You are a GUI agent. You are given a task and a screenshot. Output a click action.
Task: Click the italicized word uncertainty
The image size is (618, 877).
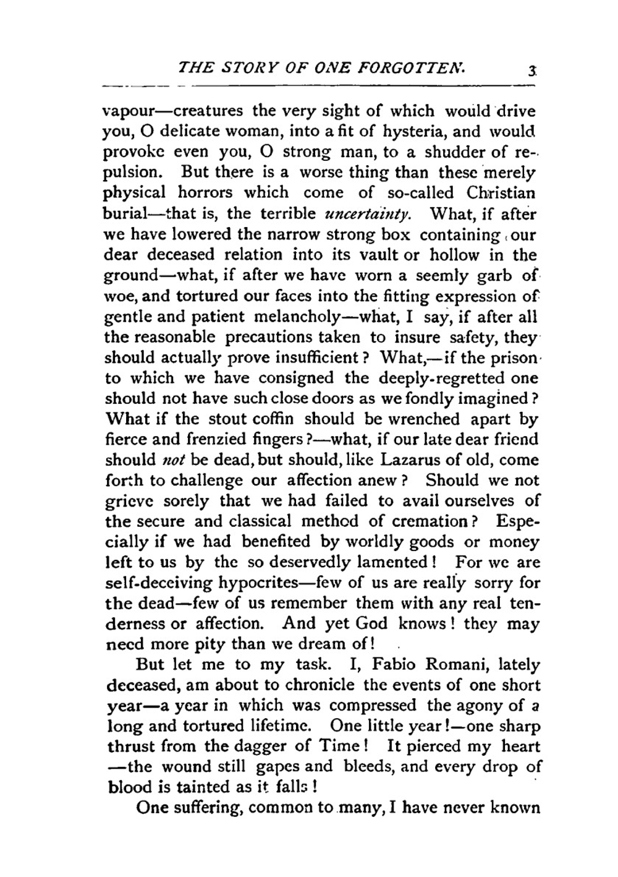tap(366, 214)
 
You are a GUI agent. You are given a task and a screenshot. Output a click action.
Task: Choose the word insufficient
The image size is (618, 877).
tap(311, 357)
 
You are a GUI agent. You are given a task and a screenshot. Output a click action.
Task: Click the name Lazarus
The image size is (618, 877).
tap(413, 460)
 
